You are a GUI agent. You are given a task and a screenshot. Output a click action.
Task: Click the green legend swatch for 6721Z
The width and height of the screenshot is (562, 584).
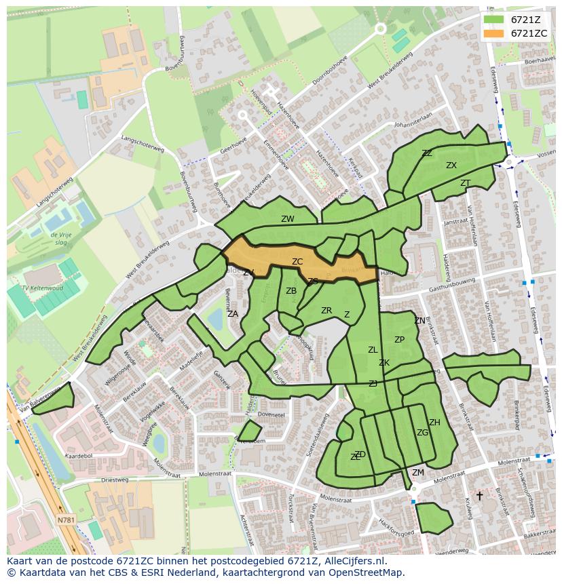tap(493, 20)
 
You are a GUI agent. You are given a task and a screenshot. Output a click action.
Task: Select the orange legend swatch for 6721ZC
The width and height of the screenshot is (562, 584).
tap(493, 33)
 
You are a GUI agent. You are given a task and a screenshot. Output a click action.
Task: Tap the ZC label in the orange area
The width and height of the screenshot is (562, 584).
tap(297, 262)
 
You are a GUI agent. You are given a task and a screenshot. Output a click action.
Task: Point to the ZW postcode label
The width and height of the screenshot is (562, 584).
tap(288, 219)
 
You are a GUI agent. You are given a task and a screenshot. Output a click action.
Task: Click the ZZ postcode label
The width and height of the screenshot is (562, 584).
tap(427, 153)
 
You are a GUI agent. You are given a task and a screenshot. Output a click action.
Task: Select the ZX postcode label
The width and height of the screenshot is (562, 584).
tap(451, 166)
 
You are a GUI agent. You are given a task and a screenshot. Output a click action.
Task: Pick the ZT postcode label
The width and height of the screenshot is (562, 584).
tap(465, 183)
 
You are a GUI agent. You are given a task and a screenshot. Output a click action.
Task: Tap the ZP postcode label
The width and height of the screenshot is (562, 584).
tap(399, 340)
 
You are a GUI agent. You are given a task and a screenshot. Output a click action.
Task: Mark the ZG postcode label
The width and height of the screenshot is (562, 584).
tap(422, 433)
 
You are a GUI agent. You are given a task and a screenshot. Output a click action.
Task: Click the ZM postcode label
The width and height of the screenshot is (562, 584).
tap(418, 473)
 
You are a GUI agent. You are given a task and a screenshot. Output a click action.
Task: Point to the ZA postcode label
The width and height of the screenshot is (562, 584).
tap(233, 314)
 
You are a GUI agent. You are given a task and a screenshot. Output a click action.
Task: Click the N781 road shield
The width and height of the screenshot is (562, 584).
tap(66, 520)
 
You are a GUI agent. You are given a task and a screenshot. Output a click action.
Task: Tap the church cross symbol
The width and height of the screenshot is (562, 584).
tap(479, 496)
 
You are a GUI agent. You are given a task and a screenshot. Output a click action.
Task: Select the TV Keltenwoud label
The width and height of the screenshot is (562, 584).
tap(42, 288)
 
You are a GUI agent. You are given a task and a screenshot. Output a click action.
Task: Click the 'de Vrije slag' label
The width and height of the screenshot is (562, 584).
tap(60, 238)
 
